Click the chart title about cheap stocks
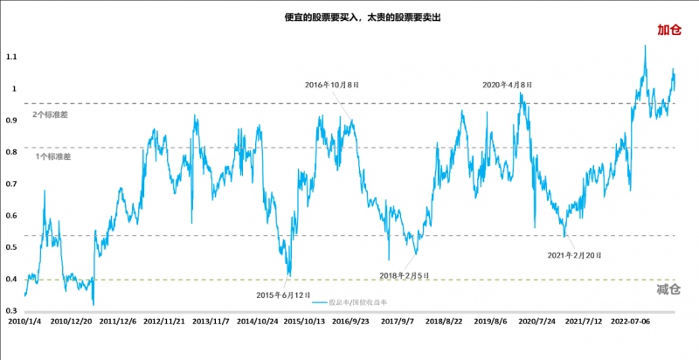pos(349,17)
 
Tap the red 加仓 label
pos(668,30)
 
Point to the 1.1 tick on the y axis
pos(11,57)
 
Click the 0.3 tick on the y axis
pos(11,311)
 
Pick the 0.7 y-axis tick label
pos(11,184)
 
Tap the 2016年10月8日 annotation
pos(331,85)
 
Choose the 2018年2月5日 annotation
pos(405,275)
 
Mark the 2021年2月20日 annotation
pos(575,255)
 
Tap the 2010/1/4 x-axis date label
pos(24,322)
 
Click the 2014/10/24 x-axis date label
pos(258,322)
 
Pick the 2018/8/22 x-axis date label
pos(445,322)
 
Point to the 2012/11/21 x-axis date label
pos(165,322)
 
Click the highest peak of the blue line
pos(645,45)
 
